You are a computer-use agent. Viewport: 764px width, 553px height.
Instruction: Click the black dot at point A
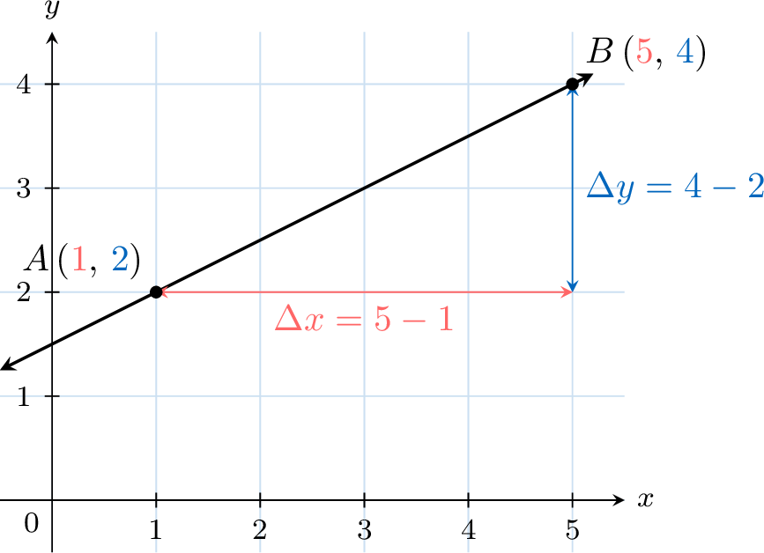coord(156,292)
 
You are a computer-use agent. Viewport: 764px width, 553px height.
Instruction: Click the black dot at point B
coord(573,85)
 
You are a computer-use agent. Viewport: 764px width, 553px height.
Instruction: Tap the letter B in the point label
coord(599,51)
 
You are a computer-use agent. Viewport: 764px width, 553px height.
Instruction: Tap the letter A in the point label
coord(38,259)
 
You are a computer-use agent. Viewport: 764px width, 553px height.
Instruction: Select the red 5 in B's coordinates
coord(644,52)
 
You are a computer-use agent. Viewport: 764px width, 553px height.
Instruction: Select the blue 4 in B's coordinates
coord(685,52)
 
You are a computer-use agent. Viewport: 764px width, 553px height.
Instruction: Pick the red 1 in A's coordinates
coord(79,259)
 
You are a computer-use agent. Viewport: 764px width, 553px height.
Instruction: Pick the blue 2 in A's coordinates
coord(120,259)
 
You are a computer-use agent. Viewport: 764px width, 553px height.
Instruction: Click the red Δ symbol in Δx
coord(288,320)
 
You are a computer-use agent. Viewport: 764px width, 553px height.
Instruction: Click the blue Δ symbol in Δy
coord(600,185)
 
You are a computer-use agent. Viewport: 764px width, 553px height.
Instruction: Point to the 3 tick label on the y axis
coord(24,188)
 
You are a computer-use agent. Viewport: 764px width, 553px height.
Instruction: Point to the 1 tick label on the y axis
coord(24,397)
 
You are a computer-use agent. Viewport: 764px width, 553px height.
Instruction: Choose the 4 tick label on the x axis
coord(468,529)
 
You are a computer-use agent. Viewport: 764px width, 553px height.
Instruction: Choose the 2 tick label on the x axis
coord(260,529)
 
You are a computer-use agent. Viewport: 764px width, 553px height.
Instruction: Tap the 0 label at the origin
coord(31,524)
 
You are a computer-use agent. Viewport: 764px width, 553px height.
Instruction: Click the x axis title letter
coord(646,500)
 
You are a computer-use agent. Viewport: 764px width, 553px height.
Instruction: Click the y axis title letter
coord(52,8)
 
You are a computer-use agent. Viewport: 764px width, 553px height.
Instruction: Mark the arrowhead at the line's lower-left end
coord(8,365)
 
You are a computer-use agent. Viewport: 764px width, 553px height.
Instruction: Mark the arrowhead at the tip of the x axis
coord(619,500)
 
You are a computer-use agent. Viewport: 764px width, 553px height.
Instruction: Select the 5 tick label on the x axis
coord(573,529)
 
